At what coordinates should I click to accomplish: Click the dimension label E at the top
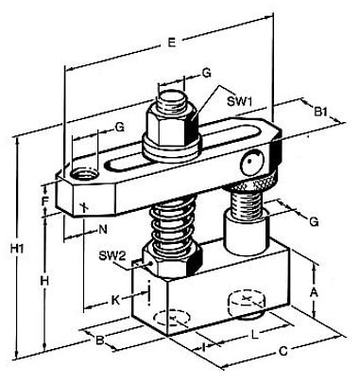171,42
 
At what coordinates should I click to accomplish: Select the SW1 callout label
239,101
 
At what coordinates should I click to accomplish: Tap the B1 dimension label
320,112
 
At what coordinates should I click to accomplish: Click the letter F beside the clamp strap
45,201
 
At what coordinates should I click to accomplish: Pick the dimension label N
103,229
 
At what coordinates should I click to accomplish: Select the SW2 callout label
112,255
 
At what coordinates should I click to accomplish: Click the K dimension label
116,300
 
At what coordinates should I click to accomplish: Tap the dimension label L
255,335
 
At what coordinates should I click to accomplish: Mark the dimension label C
283,351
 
